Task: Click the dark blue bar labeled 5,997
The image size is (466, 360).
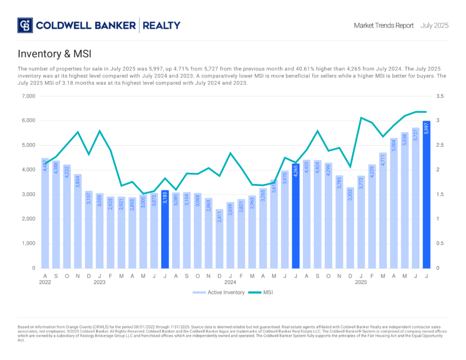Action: (426, 196)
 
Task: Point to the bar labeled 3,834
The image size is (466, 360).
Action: (78, 222)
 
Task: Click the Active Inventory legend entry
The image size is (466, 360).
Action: (219, 292)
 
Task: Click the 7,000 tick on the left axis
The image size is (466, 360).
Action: (28, 96)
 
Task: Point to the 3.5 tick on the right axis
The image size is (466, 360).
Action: (440, 96)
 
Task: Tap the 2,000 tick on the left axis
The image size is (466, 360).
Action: (28, 219)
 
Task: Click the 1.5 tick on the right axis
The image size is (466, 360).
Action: (440, 194)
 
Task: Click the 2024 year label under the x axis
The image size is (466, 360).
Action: (230, 282)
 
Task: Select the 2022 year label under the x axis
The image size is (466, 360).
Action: (45, 282)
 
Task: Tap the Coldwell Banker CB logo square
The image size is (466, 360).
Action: (25, 25)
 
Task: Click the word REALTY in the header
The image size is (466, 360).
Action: (161, 26)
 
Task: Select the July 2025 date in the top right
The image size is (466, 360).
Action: (434, 26)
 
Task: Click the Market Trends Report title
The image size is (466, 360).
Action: (384, 26)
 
